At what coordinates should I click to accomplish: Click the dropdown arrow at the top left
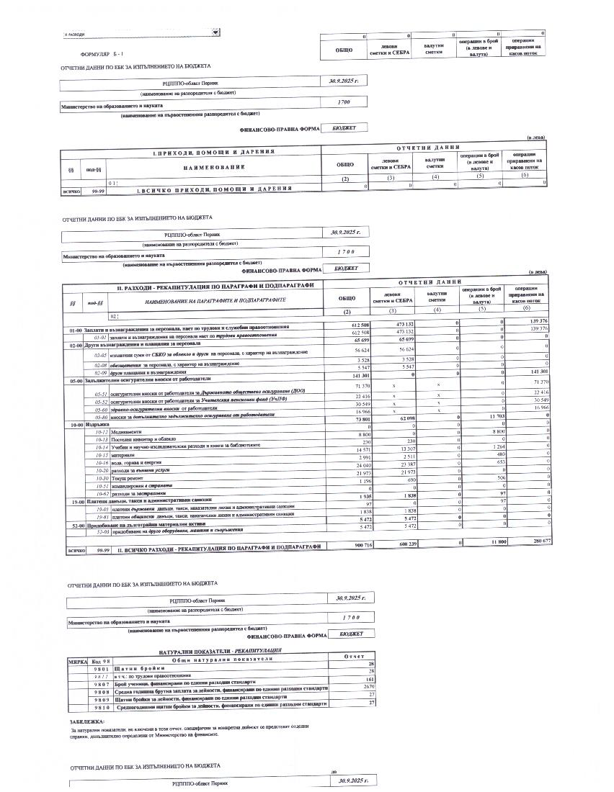(216, 32)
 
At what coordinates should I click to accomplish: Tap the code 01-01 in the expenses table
(100, 336)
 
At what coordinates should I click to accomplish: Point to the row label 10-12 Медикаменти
(123, 432)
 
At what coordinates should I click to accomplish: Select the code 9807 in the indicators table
(101, 679)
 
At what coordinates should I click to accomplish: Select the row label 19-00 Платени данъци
(144, 499)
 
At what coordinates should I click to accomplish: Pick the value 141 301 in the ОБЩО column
(345, 375)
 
